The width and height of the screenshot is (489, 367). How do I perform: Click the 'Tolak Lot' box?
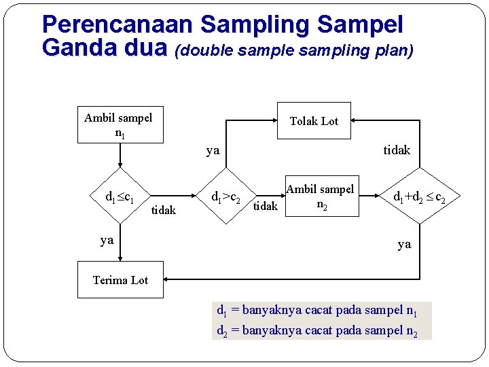coord(314,121)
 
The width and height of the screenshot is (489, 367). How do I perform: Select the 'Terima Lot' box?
coord(120,279)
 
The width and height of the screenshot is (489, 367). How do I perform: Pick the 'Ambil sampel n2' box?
coord(320,197)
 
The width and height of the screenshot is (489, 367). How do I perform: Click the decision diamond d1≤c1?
coord(120,198)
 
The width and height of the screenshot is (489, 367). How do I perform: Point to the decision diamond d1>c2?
coord(227,197)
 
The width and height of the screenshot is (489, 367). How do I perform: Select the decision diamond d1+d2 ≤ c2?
coord(420,198)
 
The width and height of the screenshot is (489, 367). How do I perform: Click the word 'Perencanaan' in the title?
coord(118,24)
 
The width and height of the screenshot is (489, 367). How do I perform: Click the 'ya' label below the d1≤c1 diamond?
coord(107,240)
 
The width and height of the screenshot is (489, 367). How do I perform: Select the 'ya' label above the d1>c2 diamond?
coord(213,150)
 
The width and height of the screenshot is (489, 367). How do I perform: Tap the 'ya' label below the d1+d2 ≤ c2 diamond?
coord(404,244)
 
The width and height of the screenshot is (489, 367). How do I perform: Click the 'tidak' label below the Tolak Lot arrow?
coord(397,150)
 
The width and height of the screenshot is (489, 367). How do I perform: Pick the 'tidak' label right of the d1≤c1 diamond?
coord(163,211)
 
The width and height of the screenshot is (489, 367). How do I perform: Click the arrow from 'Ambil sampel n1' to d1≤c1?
coord(120,156)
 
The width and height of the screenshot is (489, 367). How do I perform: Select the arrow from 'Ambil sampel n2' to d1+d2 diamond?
coord(369,198)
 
